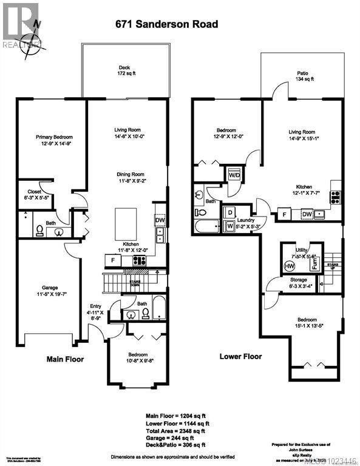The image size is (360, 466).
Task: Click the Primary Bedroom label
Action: pos(51,141)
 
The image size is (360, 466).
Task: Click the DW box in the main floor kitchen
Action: pos(160,220)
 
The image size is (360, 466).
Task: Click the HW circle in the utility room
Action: pos(289,266)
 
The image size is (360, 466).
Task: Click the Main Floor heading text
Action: pos(66,359)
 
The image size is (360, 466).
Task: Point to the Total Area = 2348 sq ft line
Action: pos(177,431)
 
